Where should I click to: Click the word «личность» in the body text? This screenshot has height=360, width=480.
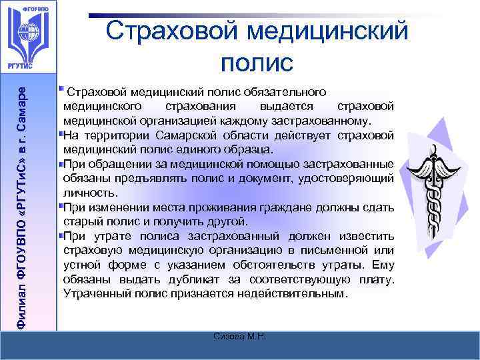tap(86, 191)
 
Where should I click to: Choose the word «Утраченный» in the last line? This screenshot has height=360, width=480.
tap(92, 293)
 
